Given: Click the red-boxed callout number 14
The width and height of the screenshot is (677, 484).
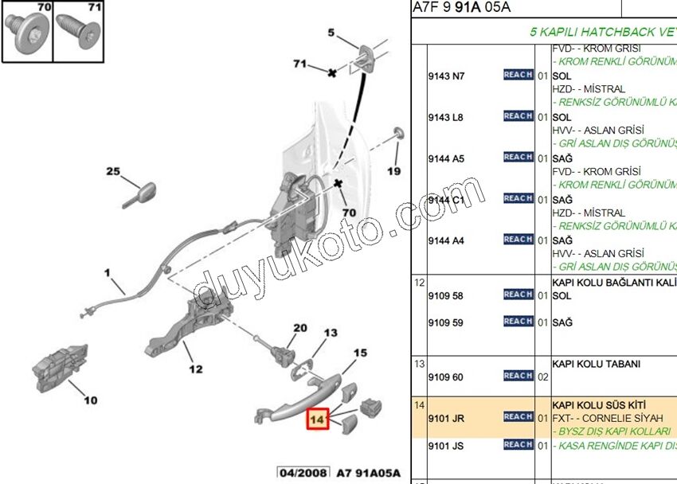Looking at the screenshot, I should (318, 418).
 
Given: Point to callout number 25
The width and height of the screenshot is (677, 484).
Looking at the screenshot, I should (113, 171).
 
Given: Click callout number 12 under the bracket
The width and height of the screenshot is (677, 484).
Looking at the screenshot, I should (196, 369).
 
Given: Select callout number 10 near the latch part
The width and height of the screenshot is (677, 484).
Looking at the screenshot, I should (91, 400).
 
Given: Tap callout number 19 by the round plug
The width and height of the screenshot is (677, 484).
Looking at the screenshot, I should (394, 171).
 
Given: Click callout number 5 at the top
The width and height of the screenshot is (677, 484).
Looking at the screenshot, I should (331, 33).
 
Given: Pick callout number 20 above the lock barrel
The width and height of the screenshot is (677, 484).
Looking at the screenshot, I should (299, 328).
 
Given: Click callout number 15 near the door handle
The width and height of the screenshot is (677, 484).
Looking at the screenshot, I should (360, 353).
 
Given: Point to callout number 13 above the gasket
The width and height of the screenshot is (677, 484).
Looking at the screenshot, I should (331, 332).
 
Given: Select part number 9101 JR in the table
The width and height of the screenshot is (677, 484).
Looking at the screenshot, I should (446, 417).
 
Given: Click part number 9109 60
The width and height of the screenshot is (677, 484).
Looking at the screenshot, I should (446, 377).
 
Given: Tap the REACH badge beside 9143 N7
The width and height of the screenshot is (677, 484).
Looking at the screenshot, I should (518, 75).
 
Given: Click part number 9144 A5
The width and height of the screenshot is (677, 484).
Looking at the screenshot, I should (446, 158).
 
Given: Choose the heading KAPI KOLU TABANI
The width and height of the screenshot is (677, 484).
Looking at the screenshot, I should (596, 364).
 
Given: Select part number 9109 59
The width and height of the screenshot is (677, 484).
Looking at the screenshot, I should (446, 322).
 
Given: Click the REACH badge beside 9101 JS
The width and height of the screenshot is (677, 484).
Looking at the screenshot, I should (518, 445).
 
